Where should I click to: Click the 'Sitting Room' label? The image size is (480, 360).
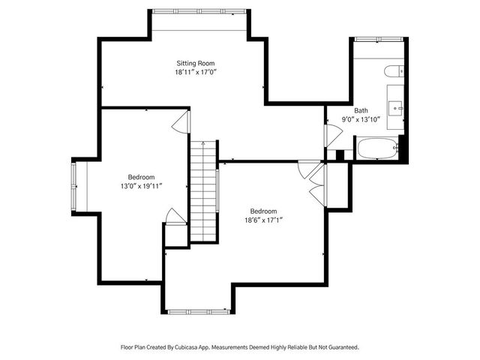click(x=196, y=63)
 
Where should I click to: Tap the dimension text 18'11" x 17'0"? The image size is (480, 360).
click(x=196, y=73)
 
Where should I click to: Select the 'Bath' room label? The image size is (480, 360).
click(x=361, y=109)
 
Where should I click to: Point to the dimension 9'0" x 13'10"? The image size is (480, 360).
click(x=361, y=119)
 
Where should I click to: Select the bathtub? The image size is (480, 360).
click(x=376, y=148)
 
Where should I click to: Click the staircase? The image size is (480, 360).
click(x=202, y=191)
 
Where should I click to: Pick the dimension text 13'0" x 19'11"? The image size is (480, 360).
click(x=141, y=186)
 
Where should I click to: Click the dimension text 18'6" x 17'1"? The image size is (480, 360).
click(x=263, y=220)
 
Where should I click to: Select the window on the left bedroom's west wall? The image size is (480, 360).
click(x=74, y=186)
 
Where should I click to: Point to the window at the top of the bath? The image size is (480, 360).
click(x=379, y=37)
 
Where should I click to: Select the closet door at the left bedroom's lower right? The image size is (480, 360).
click(x=175, y=217)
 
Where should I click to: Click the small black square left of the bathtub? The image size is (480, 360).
click(x=340, y=155)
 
